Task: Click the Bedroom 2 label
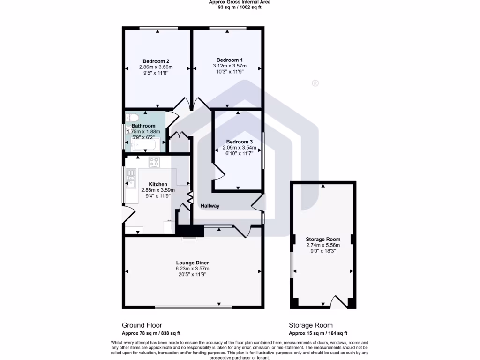point(156,61)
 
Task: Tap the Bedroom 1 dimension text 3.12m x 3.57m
point(229,66)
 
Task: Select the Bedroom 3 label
point(239,142)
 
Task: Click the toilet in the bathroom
point(131,118)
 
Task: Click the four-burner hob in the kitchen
point(155,162)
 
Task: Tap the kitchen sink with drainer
point(131,181)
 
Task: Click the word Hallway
point(210,206)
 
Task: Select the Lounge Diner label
point(192,262)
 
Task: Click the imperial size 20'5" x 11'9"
point(192,275)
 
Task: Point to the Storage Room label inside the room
point(323,239)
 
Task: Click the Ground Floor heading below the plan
point(142,325)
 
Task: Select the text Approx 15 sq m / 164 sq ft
point(318,333)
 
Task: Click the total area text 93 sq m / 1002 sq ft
point(240,7)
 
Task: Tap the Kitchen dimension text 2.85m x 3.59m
point(158,190)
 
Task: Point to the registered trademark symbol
point(315,83)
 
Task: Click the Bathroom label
point(143,126)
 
